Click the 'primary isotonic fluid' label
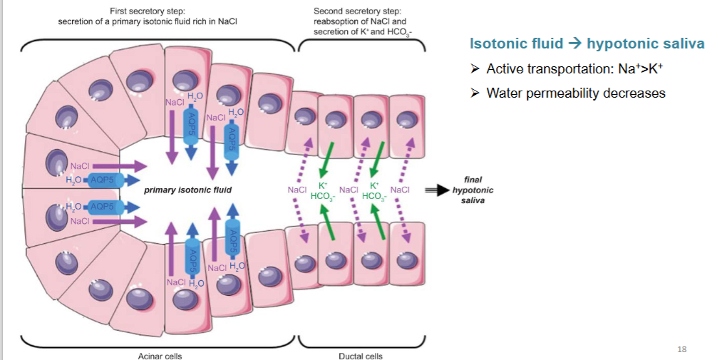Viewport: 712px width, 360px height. click(x=187, y=190)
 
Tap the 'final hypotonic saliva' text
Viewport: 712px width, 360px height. click(x=473, y=190)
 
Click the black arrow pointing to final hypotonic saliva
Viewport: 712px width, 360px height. click(x=436, y=190)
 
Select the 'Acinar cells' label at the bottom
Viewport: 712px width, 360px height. click(x=160, y=356)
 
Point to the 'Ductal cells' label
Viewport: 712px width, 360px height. click(x=361, y=356)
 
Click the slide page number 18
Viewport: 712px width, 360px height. click(x=681, y=349)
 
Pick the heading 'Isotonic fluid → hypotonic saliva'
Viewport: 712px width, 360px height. click(x=587, y=43)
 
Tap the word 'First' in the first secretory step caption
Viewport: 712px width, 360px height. click(x=118, y=11)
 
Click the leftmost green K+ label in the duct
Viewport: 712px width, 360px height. click(x=323, y=185)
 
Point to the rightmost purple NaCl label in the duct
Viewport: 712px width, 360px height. click(x=400, y=190)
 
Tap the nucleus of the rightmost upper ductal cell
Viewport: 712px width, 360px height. click(x=407, y=120)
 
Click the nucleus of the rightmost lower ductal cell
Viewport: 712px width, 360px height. click(x=407, y=261)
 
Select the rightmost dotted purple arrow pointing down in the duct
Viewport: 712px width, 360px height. click(x=405, y=220)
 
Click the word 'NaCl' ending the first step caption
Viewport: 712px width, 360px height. click(x=228, y=22)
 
